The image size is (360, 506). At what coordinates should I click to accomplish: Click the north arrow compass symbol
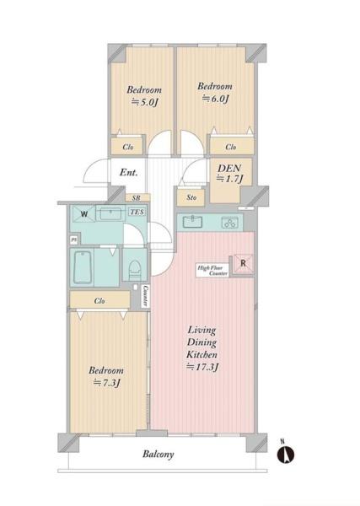[x=286, y=454]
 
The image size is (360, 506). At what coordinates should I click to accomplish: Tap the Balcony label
[x=158, y=455]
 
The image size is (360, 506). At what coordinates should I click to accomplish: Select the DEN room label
[x=229, y=168]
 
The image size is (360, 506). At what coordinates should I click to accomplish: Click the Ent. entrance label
[x=129, y=172]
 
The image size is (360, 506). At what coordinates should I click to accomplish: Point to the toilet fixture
[x=135, y=268]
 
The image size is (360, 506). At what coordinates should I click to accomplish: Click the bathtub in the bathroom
[x=83, y=267]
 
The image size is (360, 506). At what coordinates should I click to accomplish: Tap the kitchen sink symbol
[x=192, y=222]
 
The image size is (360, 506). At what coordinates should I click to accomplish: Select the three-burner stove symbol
[x=229, y=223]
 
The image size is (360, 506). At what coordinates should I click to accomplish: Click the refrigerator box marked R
[x=243, y=264]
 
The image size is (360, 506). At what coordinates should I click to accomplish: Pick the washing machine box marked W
[x=83, y=213]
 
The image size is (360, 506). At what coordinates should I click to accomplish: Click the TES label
[x=137, y=212]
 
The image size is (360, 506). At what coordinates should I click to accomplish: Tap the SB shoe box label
[x=137, y=197]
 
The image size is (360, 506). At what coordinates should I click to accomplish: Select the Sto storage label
[x=191, y=197]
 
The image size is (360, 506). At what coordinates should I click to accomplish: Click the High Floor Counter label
[x=212, y=271]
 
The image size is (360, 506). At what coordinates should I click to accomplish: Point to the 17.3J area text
[x=203, y=367]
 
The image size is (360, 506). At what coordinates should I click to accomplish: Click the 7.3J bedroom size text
[x=107, y=383]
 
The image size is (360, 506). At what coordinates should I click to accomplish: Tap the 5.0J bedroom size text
[x=144, y=102]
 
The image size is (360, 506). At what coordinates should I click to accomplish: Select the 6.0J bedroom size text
[x=215, y=99]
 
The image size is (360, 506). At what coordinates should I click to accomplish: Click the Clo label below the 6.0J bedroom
[x=231, y=147]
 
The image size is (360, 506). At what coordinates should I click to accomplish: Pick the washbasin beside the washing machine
[x=110, y=213]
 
